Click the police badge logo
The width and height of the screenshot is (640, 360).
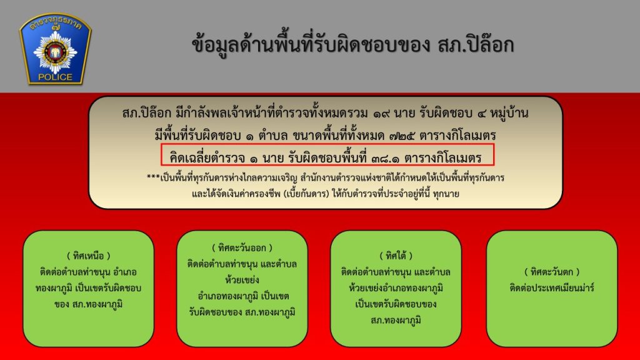tap(56, 49)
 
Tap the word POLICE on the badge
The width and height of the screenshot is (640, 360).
tap(55, 77)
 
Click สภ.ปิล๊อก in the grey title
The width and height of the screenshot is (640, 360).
tap(476, 45)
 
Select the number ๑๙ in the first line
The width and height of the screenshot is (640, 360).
tap(381, 113)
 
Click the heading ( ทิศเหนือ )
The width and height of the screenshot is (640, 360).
tap(89, 256)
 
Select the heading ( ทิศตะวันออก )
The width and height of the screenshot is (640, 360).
tap(242, 247)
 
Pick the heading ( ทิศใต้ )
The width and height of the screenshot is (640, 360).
tap(396, 256)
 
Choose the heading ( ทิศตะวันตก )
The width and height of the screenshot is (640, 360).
tap(552, 272)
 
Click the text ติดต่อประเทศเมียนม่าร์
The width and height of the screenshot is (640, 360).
tap(552, 287)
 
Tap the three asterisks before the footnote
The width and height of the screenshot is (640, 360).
tap(154, 177)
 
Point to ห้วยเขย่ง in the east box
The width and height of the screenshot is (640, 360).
tap(242, 280)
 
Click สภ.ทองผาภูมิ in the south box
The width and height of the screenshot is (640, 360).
tap(396, 321)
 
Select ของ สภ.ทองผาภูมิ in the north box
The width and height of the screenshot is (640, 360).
tap(89, 304)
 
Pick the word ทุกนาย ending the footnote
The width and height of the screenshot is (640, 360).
tap(446, 194)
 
